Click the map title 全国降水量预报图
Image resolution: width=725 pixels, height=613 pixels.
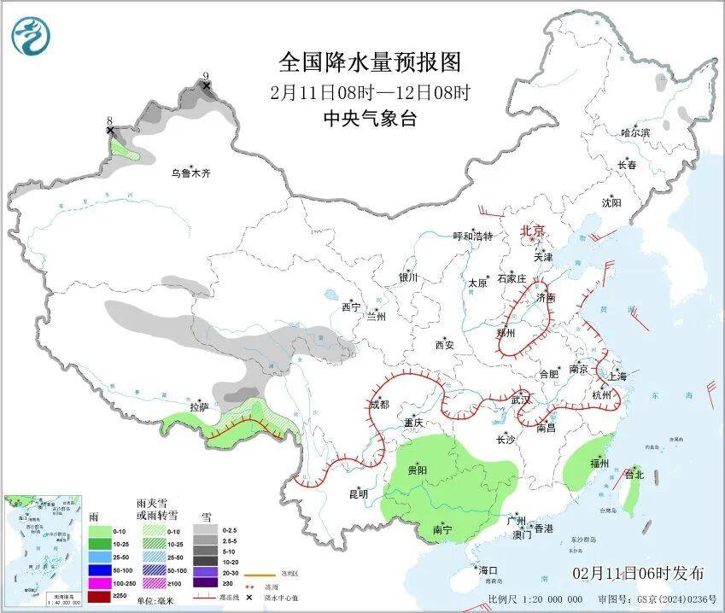[x=370, y=62]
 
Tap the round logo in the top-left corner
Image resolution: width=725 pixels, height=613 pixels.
[x=31, y=35]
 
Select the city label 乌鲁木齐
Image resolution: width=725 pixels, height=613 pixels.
[x=190, y=173]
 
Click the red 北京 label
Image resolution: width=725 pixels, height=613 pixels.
[x=533, y=231]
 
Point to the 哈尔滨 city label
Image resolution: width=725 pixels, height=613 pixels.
[x=635, y=133]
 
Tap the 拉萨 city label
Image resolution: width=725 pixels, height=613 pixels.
[x=200, y=406]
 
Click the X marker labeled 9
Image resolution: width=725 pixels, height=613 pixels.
[x=206, y=85]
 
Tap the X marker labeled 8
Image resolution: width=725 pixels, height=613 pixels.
[x=110, y=130]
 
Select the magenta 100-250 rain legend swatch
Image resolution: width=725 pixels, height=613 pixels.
[x=99, y=583]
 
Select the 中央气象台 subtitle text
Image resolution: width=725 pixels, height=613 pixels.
[x=370, y=119]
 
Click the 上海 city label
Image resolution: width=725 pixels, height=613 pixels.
[x=617, y=377]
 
